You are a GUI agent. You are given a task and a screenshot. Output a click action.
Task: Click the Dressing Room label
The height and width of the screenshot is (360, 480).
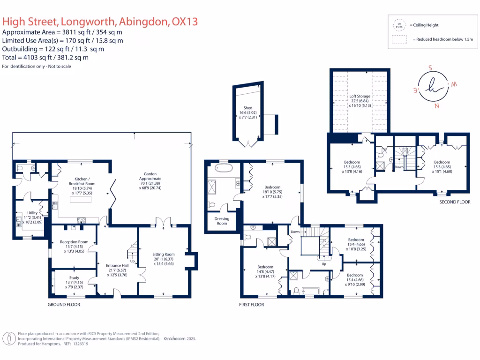[222, 221]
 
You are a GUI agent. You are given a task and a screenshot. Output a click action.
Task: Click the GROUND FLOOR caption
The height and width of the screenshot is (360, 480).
[64, 305]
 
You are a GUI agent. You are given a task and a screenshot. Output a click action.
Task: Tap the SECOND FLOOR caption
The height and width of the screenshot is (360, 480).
[455, 202]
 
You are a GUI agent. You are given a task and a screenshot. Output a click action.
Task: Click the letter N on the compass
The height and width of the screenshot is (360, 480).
[436, 106]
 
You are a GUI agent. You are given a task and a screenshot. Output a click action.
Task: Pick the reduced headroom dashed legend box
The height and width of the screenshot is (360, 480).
[400, 40]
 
